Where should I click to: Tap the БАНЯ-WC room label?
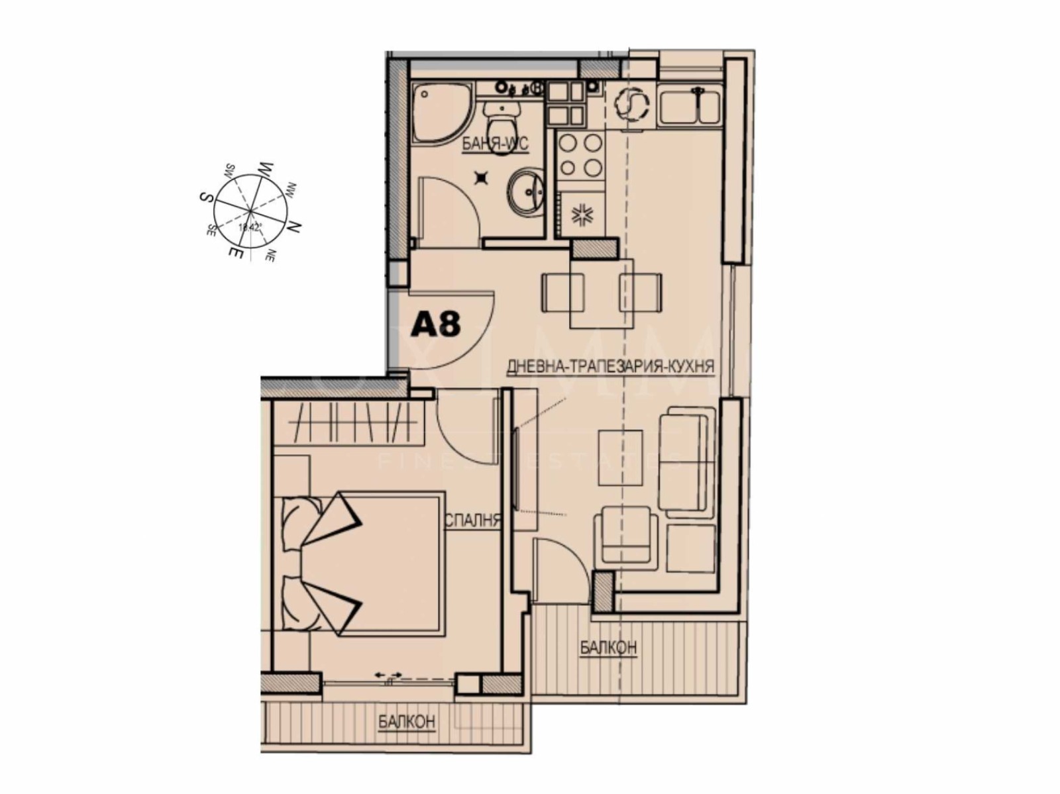(x=495, y=145)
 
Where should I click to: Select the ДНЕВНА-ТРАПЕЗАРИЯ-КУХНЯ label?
(x=610, y=366)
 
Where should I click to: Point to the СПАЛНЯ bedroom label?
(x=471, y=521)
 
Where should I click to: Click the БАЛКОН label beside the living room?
(x=608, y=647)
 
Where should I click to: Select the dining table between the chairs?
(x=602, y=293)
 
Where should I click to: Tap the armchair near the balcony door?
(x=626, y=536)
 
